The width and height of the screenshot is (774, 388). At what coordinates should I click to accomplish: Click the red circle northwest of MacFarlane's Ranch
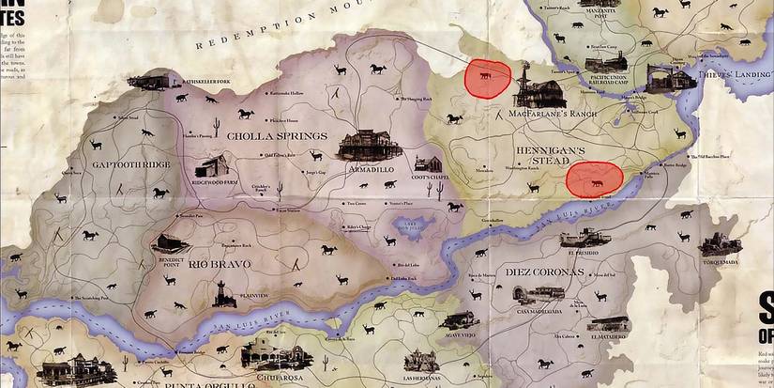[x=488, y=80]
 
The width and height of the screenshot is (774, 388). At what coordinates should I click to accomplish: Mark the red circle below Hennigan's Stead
[x=596, y=178]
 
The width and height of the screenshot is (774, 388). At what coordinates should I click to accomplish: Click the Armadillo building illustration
[x=361, y=144]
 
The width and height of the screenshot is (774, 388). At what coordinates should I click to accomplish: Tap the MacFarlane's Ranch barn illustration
[x=538, y=89]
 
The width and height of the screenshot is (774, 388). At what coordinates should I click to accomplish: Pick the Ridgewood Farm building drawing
[x=218, y=165]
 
